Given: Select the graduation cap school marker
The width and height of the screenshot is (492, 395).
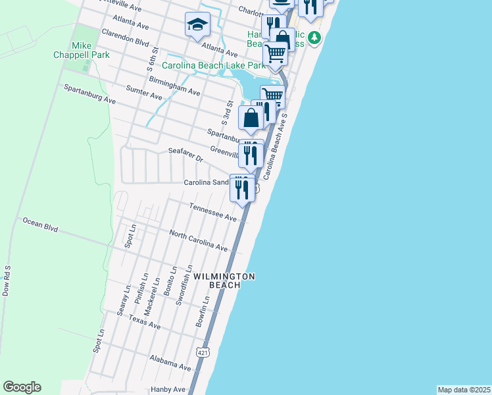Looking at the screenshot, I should click(x=196, y=25).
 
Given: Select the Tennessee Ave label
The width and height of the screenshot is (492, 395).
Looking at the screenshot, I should click(x=212, y=212).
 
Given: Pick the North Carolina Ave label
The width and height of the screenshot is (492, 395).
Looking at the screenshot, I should click(x=198, y=241).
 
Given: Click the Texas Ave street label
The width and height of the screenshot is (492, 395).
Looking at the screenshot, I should click(x=145, y=322).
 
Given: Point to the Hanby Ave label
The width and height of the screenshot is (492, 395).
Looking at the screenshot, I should click(x=168, y=389).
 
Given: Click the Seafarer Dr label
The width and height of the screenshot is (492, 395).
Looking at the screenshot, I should click(x=185, y=155).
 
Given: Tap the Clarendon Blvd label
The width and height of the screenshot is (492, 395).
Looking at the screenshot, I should click(x=126, y=37).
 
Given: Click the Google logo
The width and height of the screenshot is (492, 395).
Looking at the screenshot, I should click(x=22, y=387).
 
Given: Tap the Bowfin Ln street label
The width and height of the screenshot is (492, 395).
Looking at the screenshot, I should click(x=202, y=311).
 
